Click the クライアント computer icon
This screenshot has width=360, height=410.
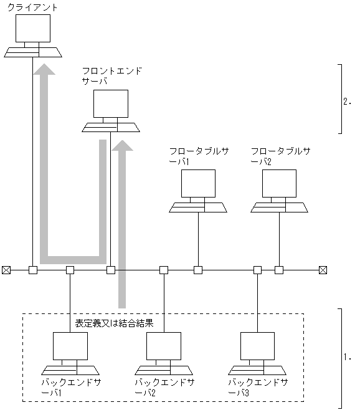point(32,35)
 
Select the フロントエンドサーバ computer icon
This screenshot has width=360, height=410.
point(111,111)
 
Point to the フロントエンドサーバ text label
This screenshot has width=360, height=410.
point(111,76)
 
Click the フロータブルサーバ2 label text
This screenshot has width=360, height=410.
point(279,156)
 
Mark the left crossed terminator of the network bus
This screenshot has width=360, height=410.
point(6,270)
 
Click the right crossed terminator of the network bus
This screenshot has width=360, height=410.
point(323,270)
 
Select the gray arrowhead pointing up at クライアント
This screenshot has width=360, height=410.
point(44,69)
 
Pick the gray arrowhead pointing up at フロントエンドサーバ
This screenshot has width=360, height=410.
point(122,146)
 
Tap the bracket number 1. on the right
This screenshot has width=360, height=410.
point(348,358)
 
